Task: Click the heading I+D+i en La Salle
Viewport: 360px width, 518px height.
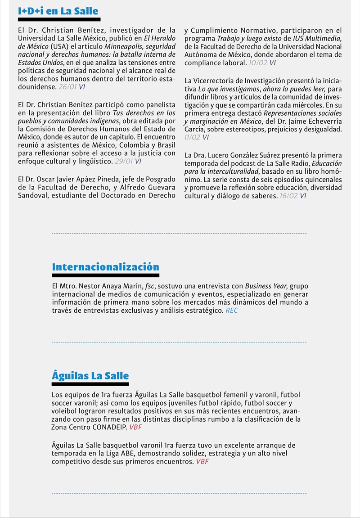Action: pyautogui.click(x=58, y=11)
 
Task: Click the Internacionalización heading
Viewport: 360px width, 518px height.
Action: pyautogui.click(x=105, y=267)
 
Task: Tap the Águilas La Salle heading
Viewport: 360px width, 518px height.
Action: pyautogui.click(x=90, y=376)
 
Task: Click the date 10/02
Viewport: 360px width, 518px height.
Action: pyautogui.click(x=257, y=63)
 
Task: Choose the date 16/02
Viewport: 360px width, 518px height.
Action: pyautogui.click(x=288, y=196)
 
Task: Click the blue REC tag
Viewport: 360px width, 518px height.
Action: pyautogui.click(x=232, y=311)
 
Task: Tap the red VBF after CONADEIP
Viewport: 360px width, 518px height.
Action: pyautogui.click(x=135, y=427)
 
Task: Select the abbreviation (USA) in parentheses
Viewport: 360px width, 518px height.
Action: pyautogui.click(x=59, y=47)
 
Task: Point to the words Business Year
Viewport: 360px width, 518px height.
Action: pyautogui.click(x=265, y=286)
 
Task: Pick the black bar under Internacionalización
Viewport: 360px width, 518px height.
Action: pyautogui.click(x=105, y=275)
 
